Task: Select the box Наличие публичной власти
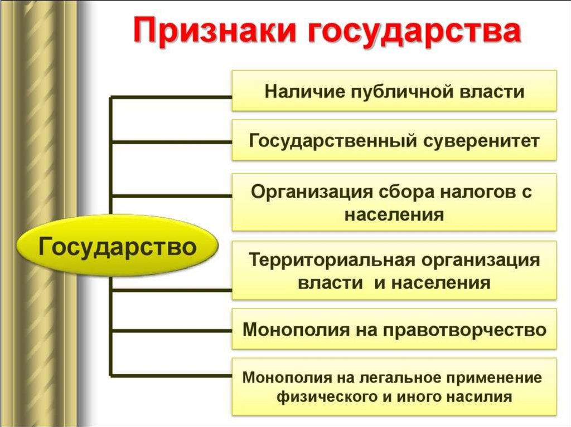[x=394, y=90]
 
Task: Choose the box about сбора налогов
[x=394, y=202]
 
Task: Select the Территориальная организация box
[x=394, y=271]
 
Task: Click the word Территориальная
[x=326, y=260]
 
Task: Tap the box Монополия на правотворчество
[x=394, y=329]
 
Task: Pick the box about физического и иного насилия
[x=394, y=387]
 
